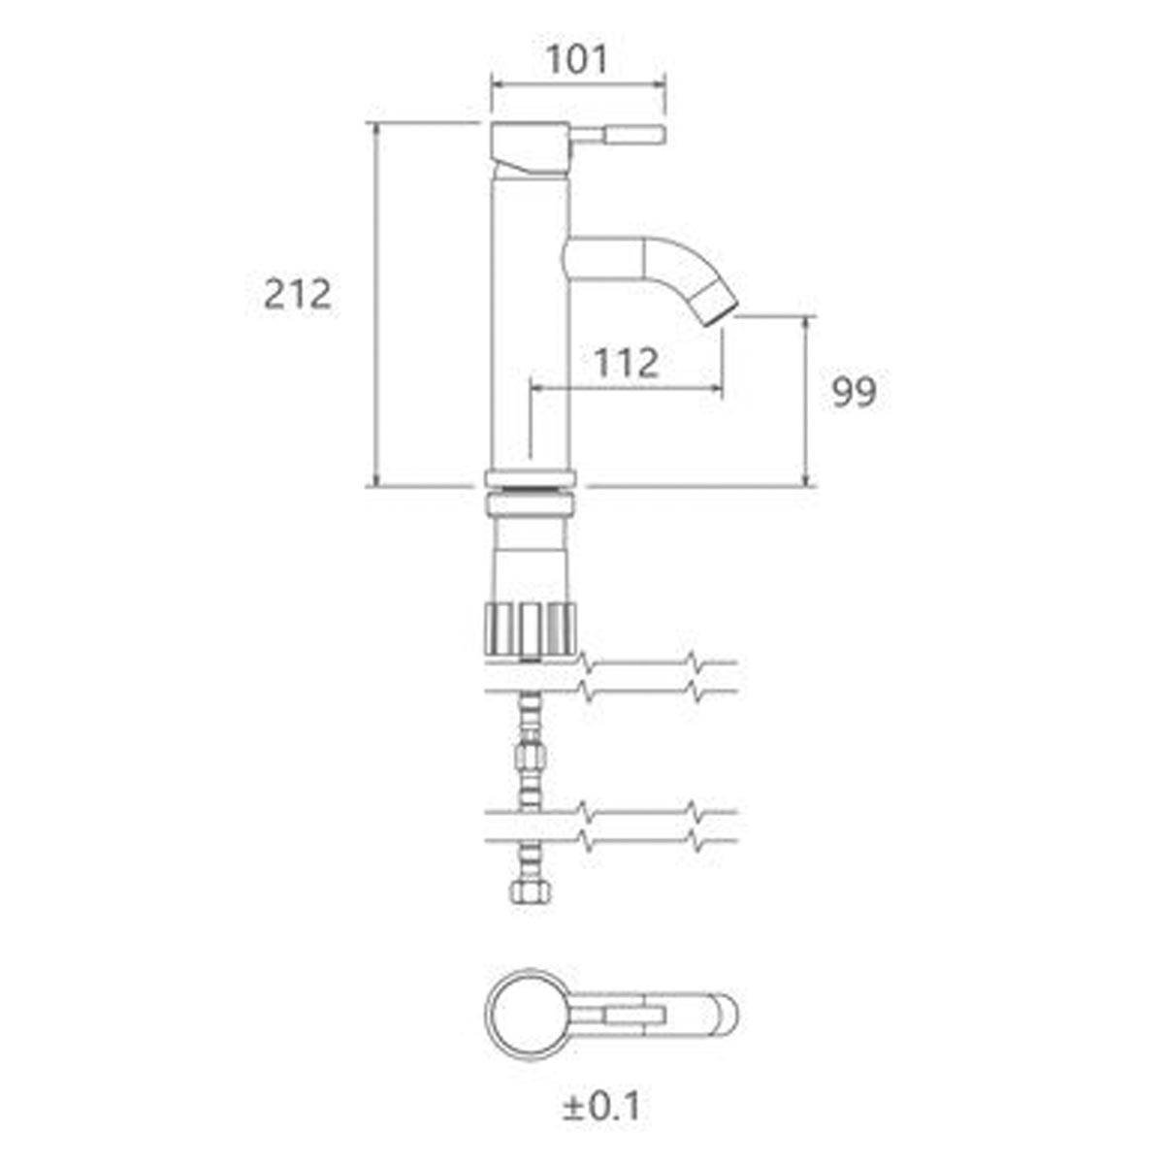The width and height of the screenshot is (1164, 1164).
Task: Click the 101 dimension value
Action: pyautogui.click(x=577, y=60)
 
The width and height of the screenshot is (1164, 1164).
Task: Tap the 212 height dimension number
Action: pyautogui.click(x=298, y=294)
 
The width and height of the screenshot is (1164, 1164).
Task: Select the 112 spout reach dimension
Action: pyautogui.click(x=627, y=363)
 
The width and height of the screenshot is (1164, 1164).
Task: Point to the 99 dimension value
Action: pyautogui.click(x=854, y=392)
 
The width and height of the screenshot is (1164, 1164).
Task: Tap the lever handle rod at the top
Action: pyautogui.click(x=617, y=134)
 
